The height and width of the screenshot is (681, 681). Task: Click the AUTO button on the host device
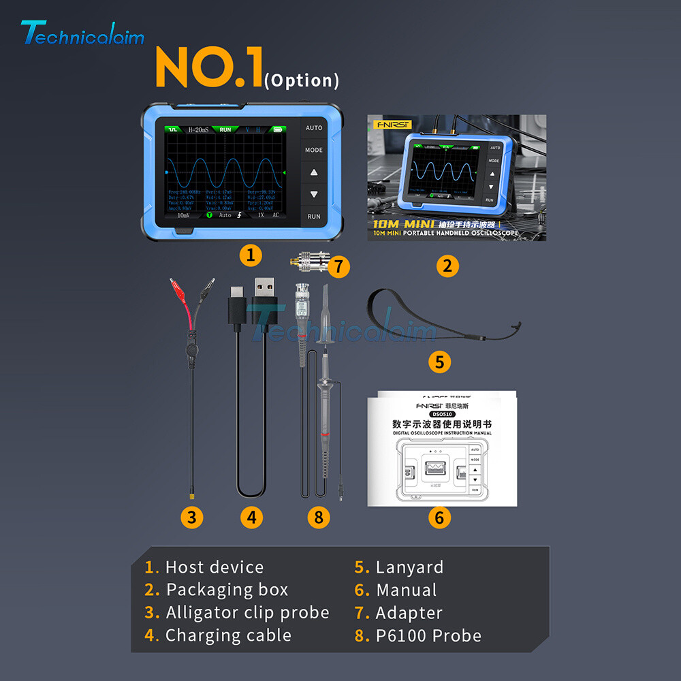pyautogui.click(x=314, y=128)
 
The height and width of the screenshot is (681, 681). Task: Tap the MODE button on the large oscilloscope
pyautogui.click(x=314, y=150)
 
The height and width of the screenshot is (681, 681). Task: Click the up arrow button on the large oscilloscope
pyautogui.click(x=314, y=172)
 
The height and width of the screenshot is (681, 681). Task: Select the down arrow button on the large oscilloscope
pyautogui.click(x=314, y=194)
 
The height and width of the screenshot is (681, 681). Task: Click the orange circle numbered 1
pyautogui.click(x=251, y=255)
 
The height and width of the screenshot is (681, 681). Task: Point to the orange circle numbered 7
pyautogui.click(x=338, y=266)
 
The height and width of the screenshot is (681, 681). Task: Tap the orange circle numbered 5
pyautogui.click(x=439, y=362)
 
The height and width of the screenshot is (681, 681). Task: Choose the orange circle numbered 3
pyautogui.click(x=192, y=518)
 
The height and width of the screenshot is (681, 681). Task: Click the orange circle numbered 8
pyautogui.click(x=318, y=518)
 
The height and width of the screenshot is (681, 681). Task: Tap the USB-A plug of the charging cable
pyautogui.click(x=262, y=295)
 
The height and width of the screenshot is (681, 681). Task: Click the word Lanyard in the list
pyautogui.click(x=409, y=567)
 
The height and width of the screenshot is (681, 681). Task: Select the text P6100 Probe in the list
pyautogui.click(x=428, y=636)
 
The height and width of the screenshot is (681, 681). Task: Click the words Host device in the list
pyautogui.click(x=215, y=567)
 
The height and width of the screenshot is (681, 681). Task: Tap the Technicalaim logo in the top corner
pyautogui.click(x=82, y=34)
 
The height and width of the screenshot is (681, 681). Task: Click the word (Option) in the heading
pyautogui.click(x=301, y=80)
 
